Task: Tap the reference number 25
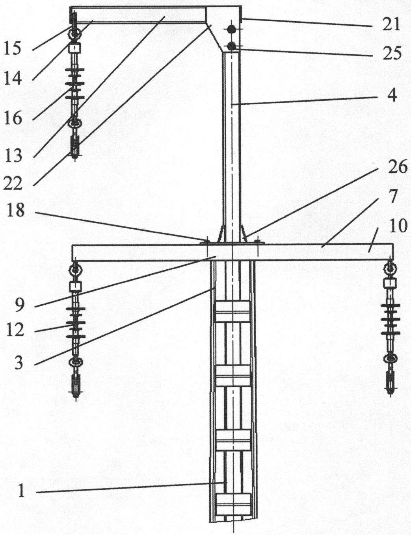[391, 53]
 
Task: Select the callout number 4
[391, 95]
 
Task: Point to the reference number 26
[397, 167]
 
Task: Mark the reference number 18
[16, 211]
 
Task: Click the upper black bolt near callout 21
[232, 29]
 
